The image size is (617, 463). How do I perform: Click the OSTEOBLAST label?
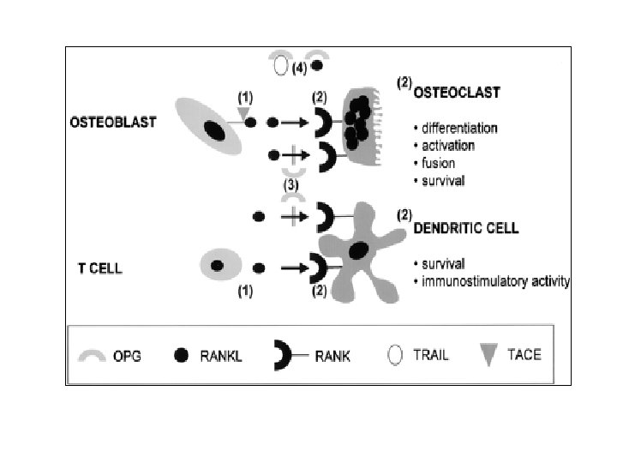[113, 123]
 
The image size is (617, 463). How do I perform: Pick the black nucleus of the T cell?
[217, 266]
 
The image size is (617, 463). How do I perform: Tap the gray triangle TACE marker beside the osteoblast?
[243, 113]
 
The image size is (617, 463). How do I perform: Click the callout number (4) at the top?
[299, 68]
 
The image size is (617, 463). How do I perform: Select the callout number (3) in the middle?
[293, 184]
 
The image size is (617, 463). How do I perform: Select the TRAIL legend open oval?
[395, 355]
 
